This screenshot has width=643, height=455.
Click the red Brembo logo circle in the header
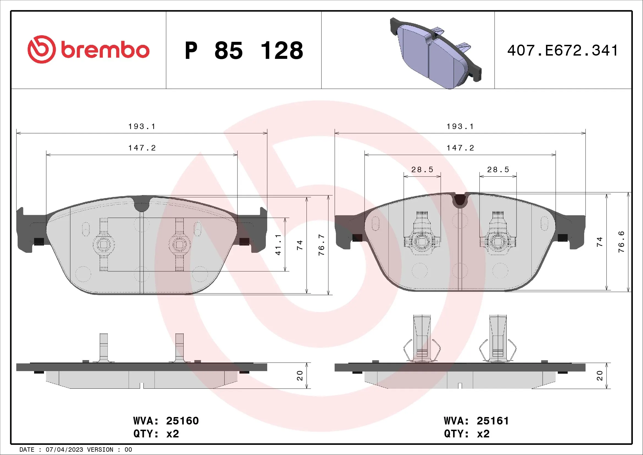click(x=42, y=49)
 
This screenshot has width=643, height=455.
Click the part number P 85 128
click(x=244, y=51)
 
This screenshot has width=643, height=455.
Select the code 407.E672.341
click(x=563, y=51)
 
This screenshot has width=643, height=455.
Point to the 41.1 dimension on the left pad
click(x=278, y=245)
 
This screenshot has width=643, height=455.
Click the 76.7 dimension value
click(x=322, y=245)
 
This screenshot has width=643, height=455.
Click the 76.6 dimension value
click(x=621, y=242)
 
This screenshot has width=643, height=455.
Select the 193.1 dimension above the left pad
click(x=142, y=127)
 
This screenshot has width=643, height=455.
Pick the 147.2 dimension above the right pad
click(x=460, y=148)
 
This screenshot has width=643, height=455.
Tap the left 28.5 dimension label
click(x=422, y=170)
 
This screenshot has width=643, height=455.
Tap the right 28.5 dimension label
click(x=498, y=170)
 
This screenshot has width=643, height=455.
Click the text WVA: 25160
click(x=166, y=421)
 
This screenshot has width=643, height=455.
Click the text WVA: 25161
click(x=476, y=421)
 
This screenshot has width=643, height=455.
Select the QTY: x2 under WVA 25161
click(x=467, y=434)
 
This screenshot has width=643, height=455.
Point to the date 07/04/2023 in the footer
click(x=64, y=449)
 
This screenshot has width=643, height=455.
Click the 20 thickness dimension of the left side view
click(x=300, y=375)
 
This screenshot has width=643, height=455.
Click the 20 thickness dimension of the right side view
click(x=600, y=375)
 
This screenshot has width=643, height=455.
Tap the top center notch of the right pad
click(x=460, y=200)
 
